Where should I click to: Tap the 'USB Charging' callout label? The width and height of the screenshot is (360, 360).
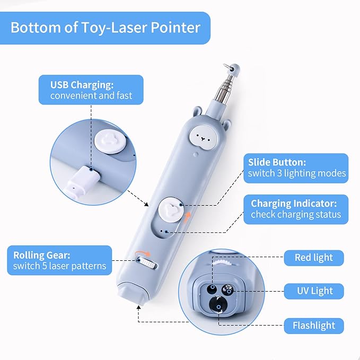91,90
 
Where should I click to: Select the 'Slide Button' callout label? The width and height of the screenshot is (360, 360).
297,168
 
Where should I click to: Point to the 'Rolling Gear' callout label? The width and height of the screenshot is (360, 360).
59,260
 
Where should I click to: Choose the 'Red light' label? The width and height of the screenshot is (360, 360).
314,258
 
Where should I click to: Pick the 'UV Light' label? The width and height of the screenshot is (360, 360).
314,291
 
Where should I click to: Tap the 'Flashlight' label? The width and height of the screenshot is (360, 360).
314,325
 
